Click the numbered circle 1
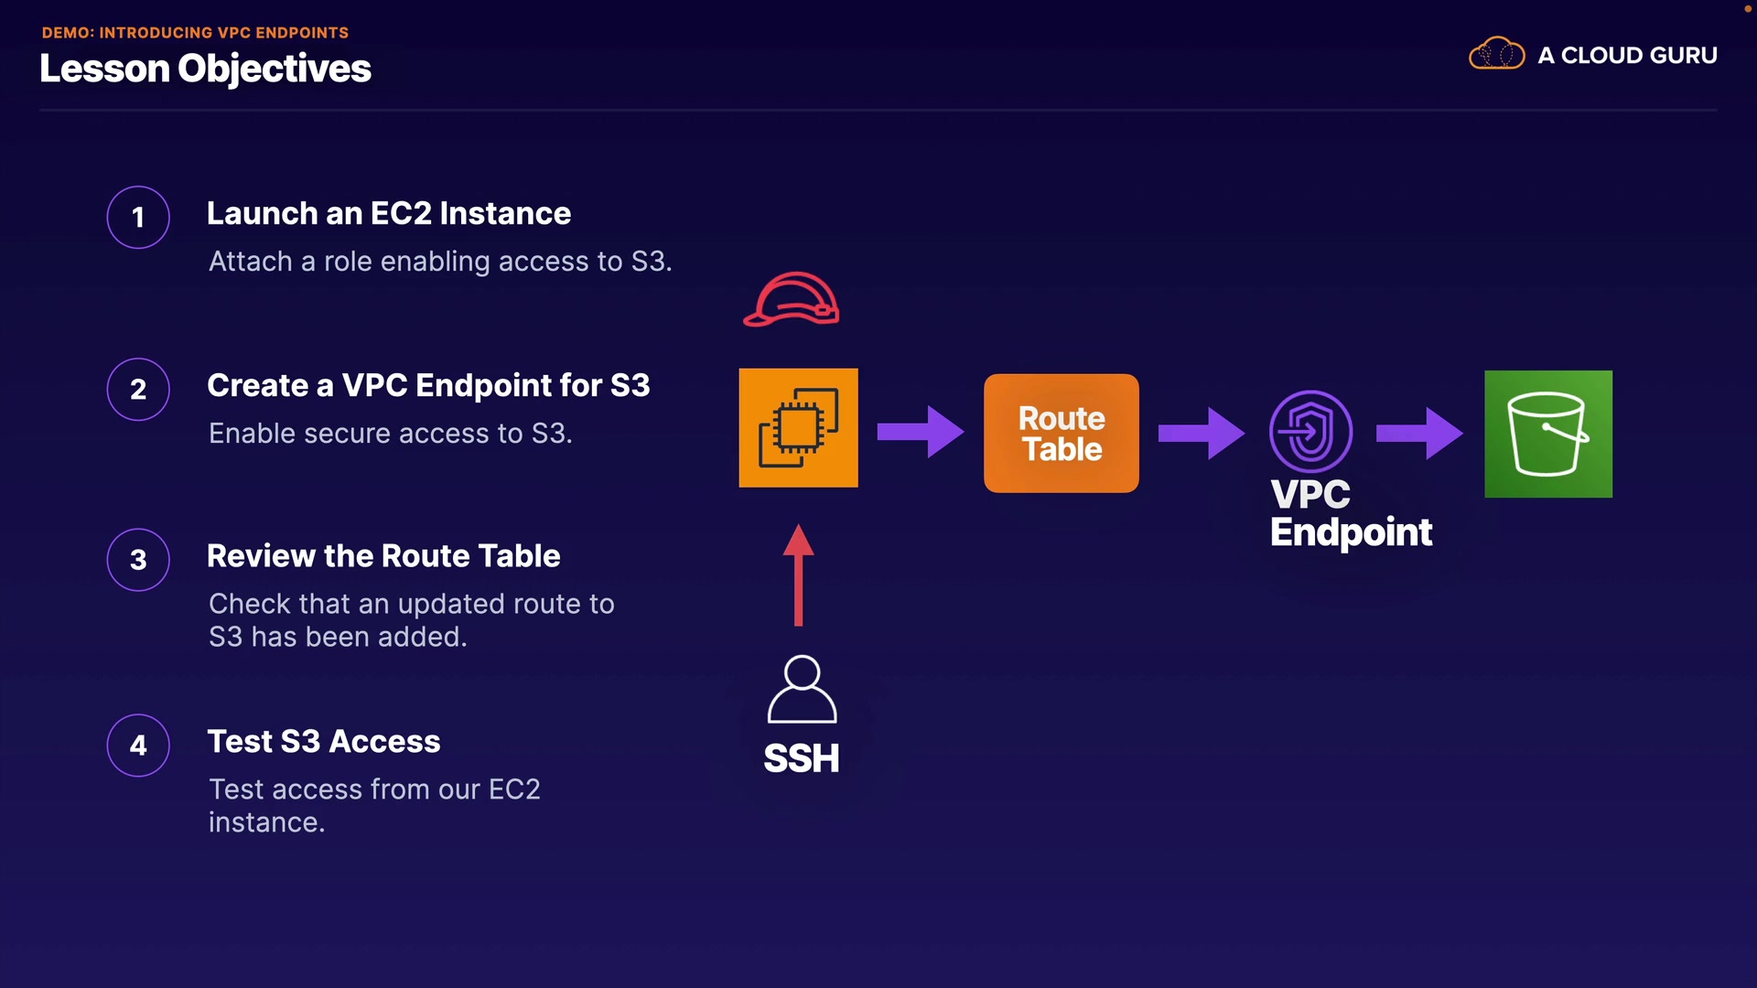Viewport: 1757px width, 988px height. coord(138,218)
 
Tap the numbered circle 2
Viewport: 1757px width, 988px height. coord(138,390)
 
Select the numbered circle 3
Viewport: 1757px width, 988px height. coord(138,560)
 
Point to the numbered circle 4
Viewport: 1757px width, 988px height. coord(138,746)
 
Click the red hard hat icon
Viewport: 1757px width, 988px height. coord(792,300)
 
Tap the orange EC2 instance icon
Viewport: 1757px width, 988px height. coord(798,428)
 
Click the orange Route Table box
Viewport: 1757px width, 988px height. coord(1062,434)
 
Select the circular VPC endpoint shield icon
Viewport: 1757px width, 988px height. coord(1310,432)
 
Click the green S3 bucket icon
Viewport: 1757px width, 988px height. coord(1548,435)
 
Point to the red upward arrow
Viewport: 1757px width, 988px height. coord(799,575)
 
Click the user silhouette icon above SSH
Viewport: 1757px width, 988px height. coord(802,690)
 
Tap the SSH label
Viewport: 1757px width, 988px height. coord(802,758)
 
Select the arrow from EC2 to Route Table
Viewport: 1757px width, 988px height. coord(920,432)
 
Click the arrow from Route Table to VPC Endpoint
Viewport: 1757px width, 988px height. coord(1201,433)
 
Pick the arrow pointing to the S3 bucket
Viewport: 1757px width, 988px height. coord(1419,433)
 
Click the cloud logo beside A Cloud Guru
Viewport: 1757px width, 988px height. coord(1496,54)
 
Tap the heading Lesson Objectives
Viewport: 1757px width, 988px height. coord(206,69)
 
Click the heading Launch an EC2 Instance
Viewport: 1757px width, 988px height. coord(389,213)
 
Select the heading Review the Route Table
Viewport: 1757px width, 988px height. coord(383,556)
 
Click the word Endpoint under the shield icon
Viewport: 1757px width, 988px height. coord(1351,532)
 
